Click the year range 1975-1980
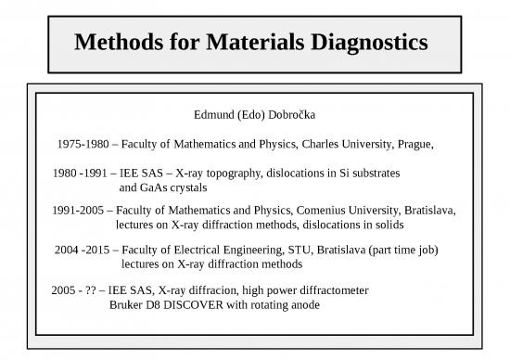[85, 145]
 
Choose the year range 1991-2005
[80, 211]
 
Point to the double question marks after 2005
[91, 290]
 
